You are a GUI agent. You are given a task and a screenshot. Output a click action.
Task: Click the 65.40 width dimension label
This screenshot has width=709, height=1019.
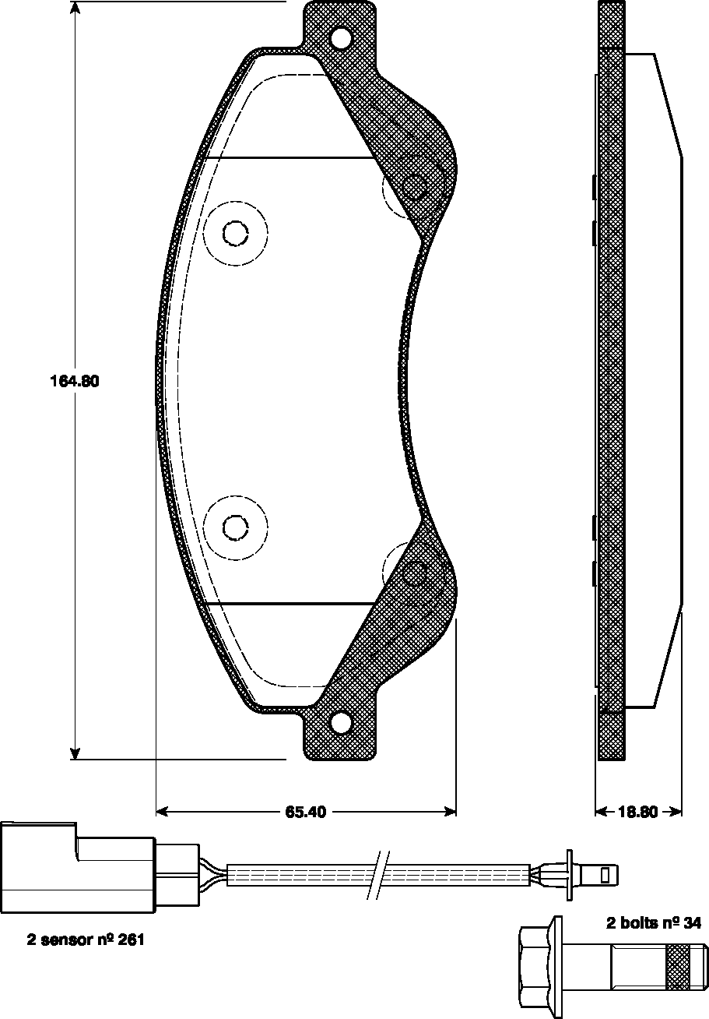click(x=305, y=812)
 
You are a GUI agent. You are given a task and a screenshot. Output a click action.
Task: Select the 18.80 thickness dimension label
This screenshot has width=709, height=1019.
click(x=638, y=812)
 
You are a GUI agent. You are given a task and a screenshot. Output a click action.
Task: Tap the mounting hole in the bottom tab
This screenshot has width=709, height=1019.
click(x=340, y=724)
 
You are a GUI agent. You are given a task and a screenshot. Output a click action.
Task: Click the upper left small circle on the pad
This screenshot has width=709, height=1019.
click(x=234, y=233)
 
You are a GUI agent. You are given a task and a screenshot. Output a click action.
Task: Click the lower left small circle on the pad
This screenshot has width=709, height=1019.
click(x=234, y=527)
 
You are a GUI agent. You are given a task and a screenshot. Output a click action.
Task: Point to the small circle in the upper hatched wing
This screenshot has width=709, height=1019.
click(x=416, y=188)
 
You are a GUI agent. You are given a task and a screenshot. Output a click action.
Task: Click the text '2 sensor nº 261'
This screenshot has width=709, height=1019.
click(x=86, y=940)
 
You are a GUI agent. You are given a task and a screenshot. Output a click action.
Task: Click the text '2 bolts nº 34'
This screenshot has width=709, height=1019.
click(x=654, y=924)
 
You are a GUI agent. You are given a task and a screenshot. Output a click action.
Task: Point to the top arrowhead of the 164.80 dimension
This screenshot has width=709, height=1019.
click(x=75, y=9)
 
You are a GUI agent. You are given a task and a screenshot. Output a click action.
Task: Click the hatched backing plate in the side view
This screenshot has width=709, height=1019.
click(x=611, y=390)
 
